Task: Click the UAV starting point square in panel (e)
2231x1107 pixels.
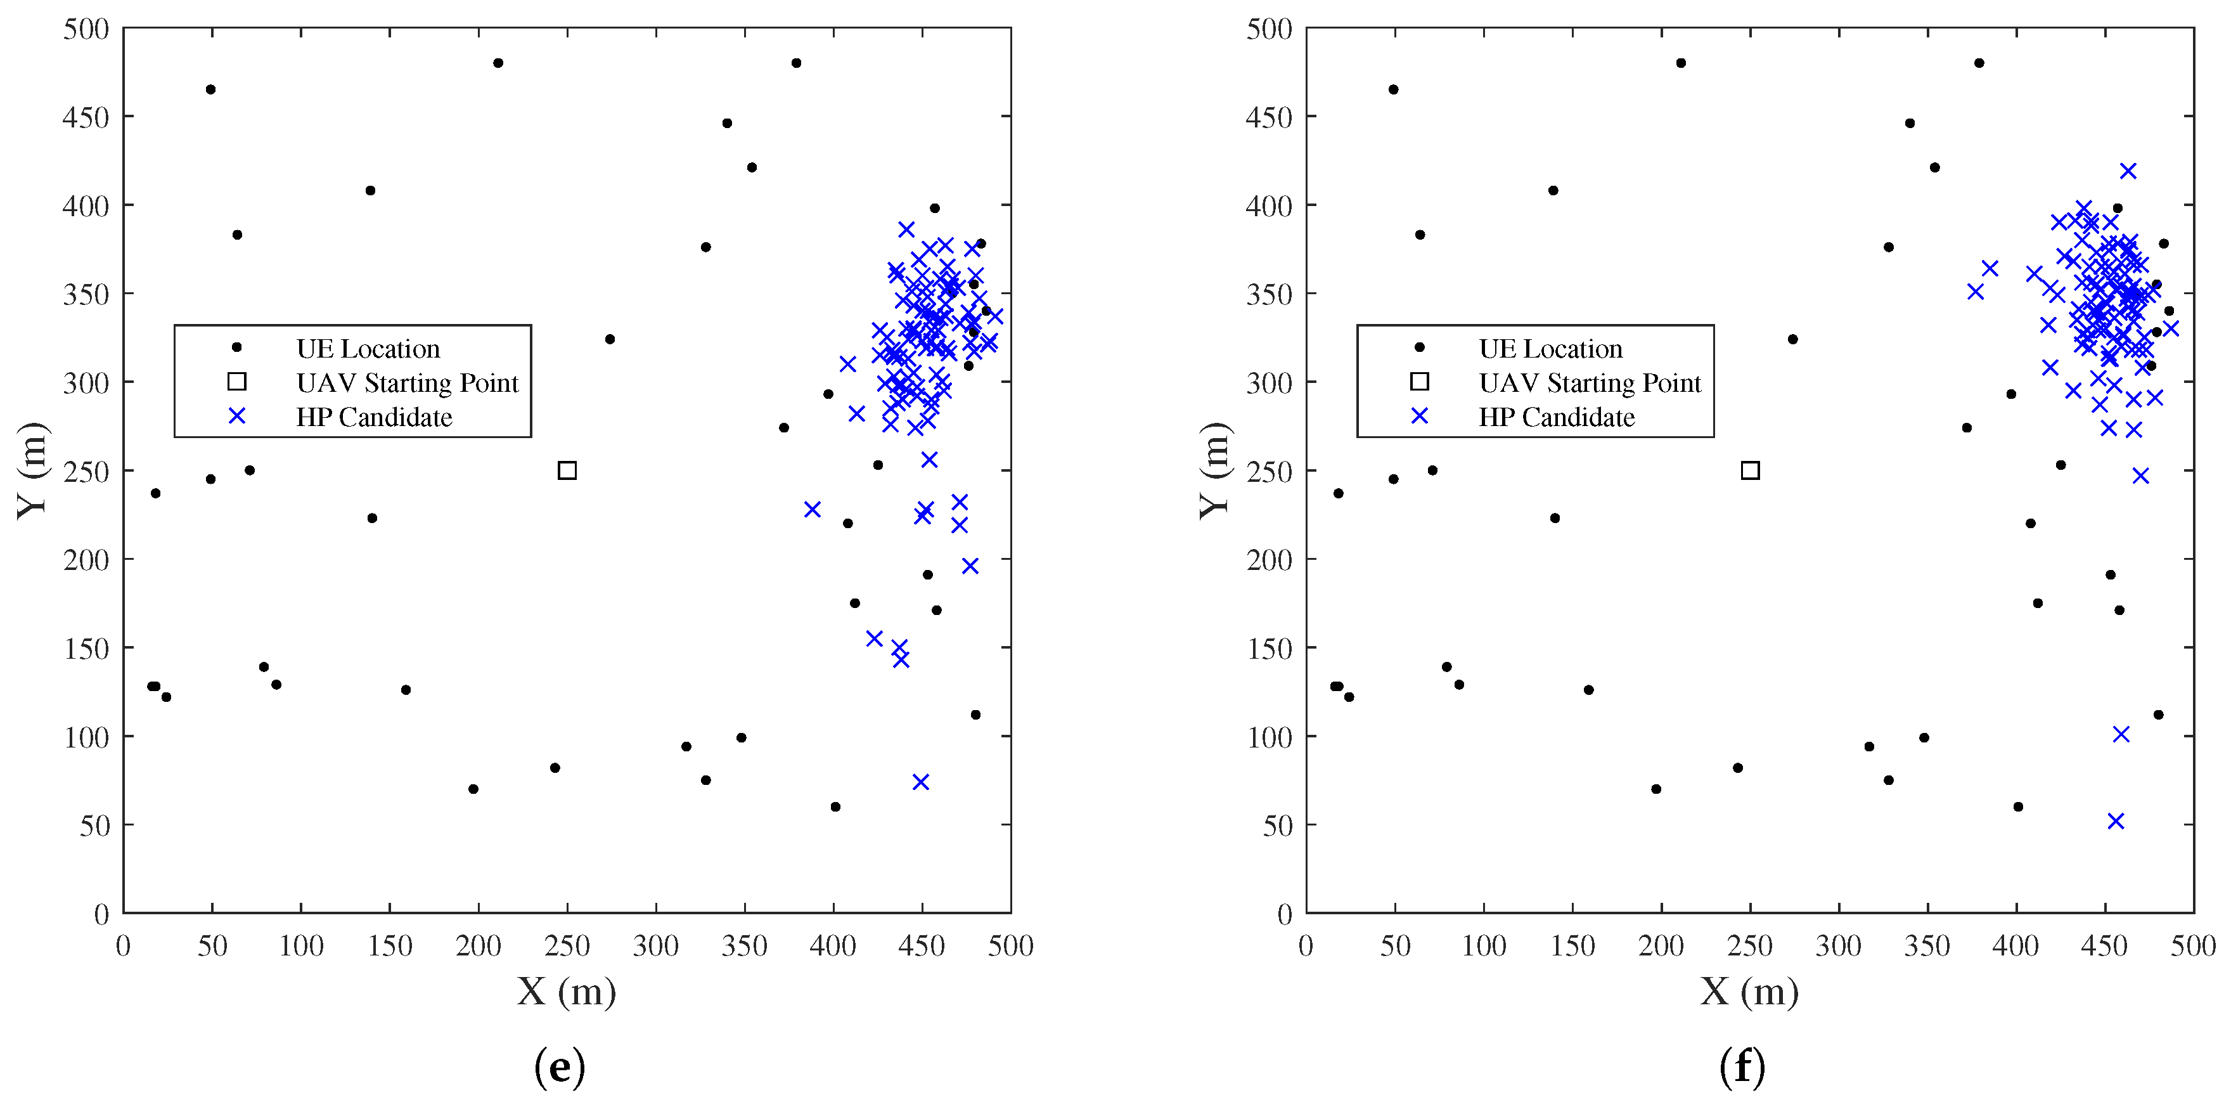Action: click(567, 470)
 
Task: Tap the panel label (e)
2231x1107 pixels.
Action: click(560, 1067)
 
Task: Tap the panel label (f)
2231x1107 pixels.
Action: click(1742, 1067)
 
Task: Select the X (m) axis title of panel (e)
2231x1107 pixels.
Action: click(567, 992)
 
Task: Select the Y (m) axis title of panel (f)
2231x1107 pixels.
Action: click(1214, 470)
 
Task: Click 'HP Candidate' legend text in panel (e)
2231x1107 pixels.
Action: click(374, 418)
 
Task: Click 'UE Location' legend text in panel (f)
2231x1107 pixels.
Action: click(1550, 349)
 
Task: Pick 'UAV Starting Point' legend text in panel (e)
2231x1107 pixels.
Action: click(407, 383)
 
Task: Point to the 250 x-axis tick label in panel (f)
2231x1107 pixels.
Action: click(1749, 945)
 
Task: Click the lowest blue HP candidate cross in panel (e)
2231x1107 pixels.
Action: click(921, 782)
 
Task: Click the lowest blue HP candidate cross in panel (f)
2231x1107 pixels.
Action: click(2116, 821)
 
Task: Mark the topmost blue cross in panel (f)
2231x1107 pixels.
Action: click(2128, 171)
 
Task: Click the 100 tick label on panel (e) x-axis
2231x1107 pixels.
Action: click(302, 945)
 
